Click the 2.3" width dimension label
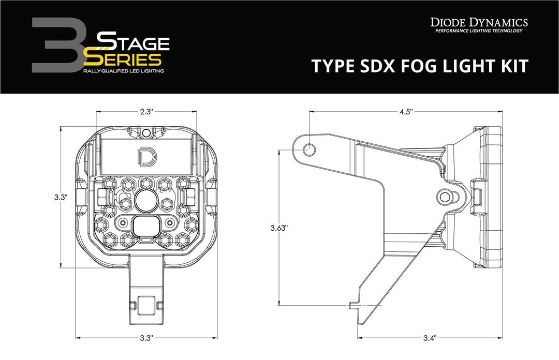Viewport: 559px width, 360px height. point(145,111)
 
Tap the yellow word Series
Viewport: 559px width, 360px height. point(127,57)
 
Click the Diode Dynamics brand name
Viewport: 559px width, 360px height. point(479,22)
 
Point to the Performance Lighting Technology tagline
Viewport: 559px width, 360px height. point(479,32)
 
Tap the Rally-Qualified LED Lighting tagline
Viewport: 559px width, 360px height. point(123,70)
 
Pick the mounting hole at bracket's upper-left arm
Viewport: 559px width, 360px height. point(309,150)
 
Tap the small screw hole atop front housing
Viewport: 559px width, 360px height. point(146,133)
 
